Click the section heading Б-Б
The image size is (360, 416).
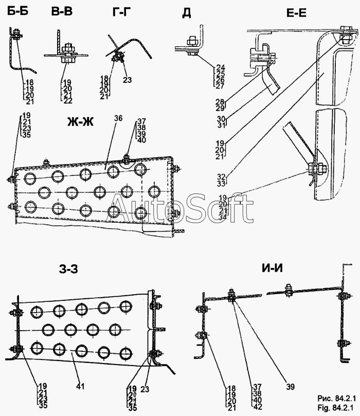[x=17, y=11]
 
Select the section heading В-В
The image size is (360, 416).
[x=62, y=11]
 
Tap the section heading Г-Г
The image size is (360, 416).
[x=122, y=12]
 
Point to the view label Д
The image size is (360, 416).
[x=187, y=13]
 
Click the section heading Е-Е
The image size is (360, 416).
[x=297, y=12]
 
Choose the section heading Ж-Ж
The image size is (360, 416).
[x=80, y=122]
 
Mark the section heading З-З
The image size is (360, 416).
[x=68, y=269]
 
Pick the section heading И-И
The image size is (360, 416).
[x=273, y=268]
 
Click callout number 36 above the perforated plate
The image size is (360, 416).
[x=118, y=118]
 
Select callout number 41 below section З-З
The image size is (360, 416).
[x=80, y=386]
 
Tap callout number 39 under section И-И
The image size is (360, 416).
[x=291, y=387]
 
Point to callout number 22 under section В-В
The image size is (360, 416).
[x=68, y=101]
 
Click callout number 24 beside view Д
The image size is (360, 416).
[x=220, y=68]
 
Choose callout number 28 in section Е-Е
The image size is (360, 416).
[x=220, y=102]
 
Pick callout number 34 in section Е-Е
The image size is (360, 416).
[x=223, y=217]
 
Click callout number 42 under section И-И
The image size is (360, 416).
[x=257, y=406]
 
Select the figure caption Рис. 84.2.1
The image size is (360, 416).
[x=337, y=399]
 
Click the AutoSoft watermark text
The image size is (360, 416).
[x=179, y=208]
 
